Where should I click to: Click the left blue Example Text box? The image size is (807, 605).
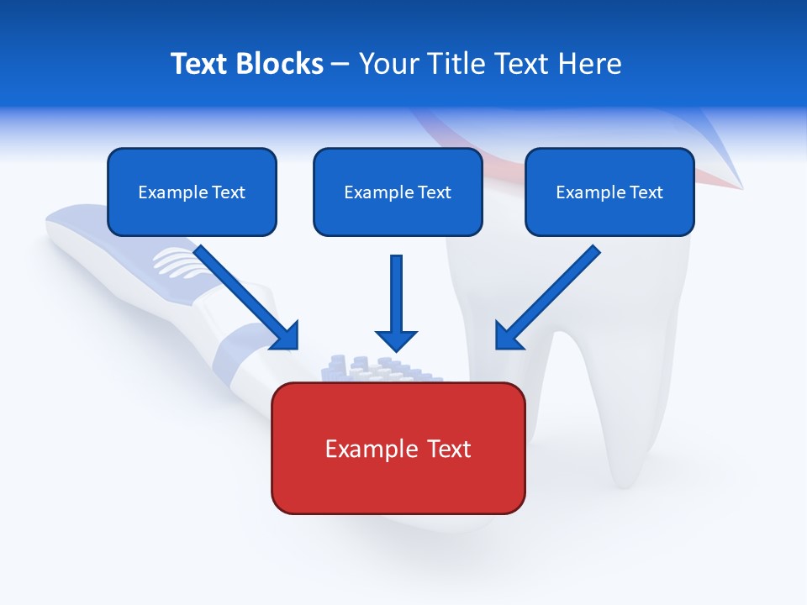(192, 192)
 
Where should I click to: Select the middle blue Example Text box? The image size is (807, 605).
(398, 192)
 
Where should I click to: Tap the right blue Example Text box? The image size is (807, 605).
(609, 192)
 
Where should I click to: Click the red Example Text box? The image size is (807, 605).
(398, 449)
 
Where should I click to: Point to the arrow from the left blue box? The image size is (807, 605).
(244, 295)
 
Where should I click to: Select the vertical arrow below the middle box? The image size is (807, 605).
(396, 302)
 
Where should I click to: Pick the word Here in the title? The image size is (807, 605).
(591, 64)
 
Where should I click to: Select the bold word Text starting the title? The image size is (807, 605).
(200, 64)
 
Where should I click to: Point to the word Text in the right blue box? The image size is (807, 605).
(646, 192)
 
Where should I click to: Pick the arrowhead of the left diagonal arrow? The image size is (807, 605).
(287, 337)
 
